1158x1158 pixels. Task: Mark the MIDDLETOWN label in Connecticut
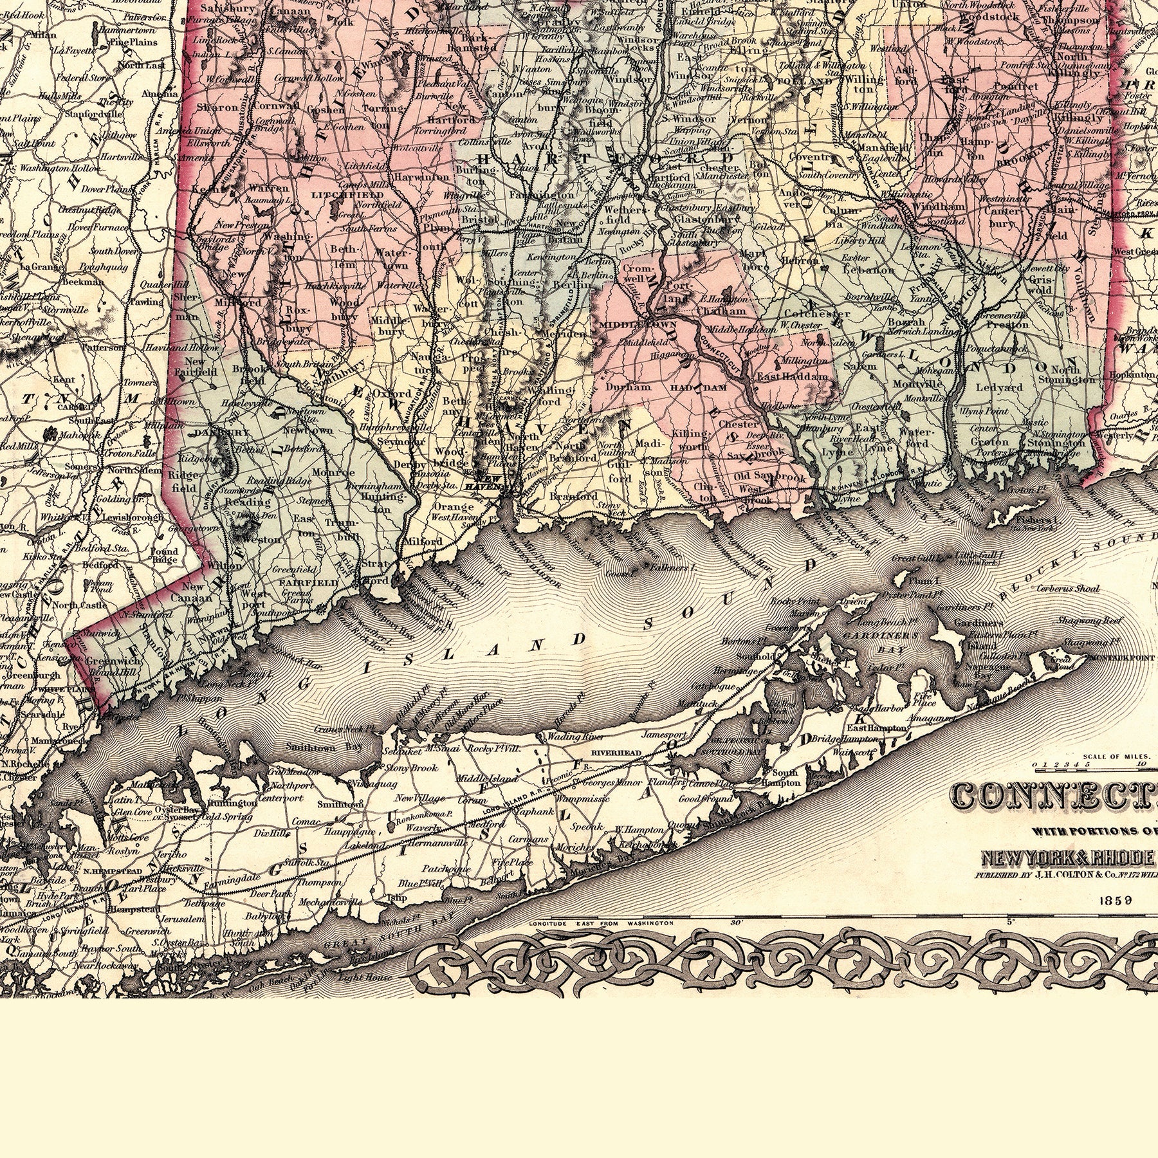coord(627,326)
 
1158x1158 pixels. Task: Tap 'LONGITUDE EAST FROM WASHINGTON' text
coord(600,923)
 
